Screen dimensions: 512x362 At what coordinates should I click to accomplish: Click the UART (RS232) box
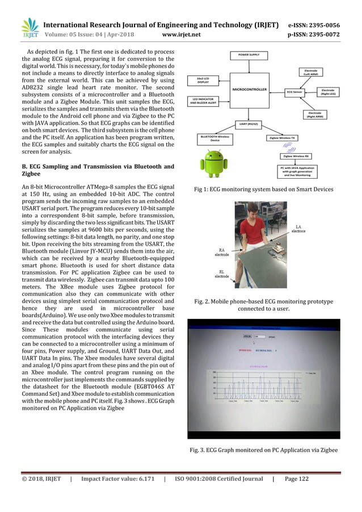click(x=248, y=123)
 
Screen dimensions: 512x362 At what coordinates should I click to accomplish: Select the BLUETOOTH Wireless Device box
click(x=214, y=137)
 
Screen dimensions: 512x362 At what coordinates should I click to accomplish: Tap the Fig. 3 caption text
click(x=263, y=450)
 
